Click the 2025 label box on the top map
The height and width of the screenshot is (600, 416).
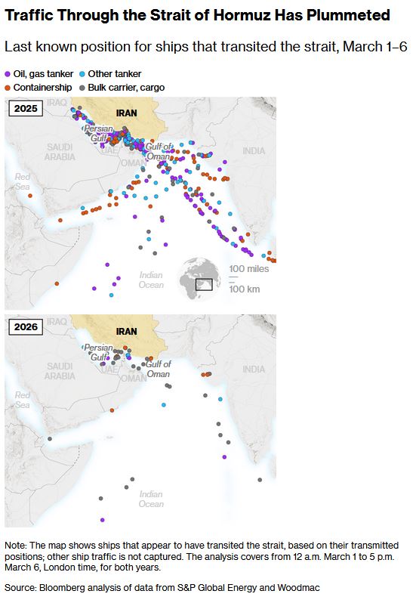(x=24, y=108)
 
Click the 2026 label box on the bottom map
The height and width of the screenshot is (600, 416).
(x=24, y=326)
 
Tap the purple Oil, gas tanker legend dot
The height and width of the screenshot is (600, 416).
(x=8, y=74)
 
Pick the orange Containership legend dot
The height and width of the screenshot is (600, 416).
(x=8, y=88)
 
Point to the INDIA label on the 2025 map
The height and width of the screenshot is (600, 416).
(x=254, y=151)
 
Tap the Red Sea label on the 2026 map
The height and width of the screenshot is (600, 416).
(x=23, y=400)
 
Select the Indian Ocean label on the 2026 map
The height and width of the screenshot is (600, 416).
(x=150, y=499)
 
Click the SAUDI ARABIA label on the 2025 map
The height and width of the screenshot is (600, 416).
(x=60, y=152)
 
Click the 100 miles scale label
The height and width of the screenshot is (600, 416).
(x=248, y=269)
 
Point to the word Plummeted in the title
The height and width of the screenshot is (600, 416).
(x=350, y=15)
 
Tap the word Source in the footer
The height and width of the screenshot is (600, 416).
(x=21, y=586)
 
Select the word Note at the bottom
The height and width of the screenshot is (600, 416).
(x=15, y=545)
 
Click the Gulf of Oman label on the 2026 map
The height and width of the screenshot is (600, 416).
(x=158, y=369)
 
